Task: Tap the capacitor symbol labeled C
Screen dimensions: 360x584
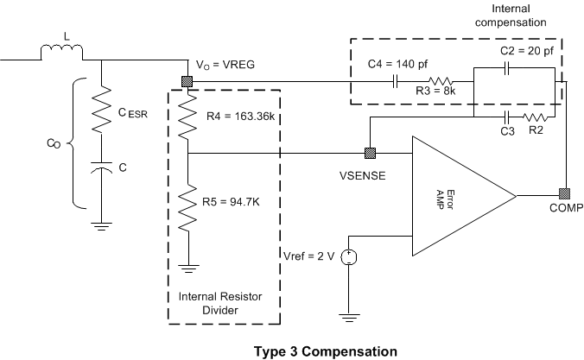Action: [x=103, y=170]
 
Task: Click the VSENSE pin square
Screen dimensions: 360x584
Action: [x=370, y=155]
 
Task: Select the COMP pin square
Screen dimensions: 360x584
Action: [x=563, y=193]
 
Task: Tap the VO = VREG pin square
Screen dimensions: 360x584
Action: [x=187, y=82]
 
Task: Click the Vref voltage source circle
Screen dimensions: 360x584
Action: [x=348, y=256]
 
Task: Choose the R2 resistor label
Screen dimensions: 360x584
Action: [x=536, y=131]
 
